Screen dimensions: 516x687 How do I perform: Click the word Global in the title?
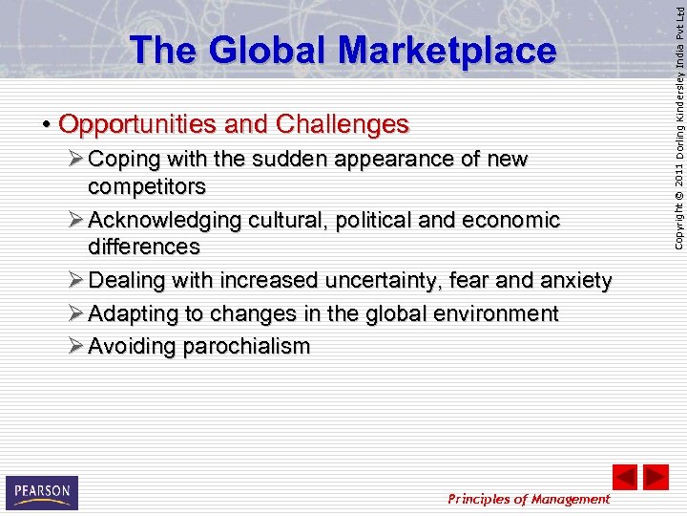251,51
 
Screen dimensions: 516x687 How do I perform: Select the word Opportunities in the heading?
138,125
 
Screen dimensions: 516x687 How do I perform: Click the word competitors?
146,185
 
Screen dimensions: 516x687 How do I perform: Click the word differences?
143,247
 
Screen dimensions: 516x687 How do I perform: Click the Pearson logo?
41,492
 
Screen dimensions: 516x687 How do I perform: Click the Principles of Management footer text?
529,499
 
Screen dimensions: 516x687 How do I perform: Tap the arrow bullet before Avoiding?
75,346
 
